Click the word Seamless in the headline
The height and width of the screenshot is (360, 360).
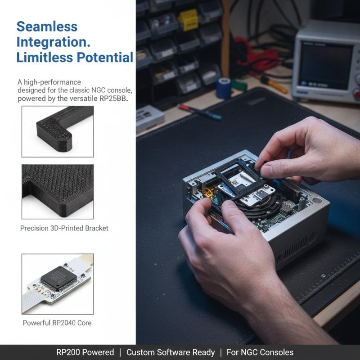pyautogui.click(x=47, y=27)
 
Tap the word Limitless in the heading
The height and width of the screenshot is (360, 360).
pyautogui.click(x=45, y=57)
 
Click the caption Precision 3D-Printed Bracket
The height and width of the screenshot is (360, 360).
pyautogui.click(x=64, y=228)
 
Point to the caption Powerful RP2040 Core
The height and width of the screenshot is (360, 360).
pyautogui.click(x=57, y=323)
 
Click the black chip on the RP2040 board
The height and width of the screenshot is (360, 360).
pyautogui.click(x=58, y=279)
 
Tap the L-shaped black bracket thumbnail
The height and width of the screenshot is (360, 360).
pyautogui.click(x=58, y=131)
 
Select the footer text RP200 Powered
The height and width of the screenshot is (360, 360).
pyautogui.click(x=85, y=352)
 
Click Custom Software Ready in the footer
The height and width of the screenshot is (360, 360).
pyautogui.click(x=171, y=352)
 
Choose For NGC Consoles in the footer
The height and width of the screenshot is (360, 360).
pyautogui.click(x=260, y=352)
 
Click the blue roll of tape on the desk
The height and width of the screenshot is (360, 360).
pyautogui.click(x=224, y=88)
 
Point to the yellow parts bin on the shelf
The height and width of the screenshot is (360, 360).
pyautogui.click(x=188, y=20)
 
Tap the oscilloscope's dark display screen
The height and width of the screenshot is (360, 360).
pyautogui.click(x=325, y=65)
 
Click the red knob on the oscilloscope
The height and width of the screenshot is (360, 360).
pyautogui.click(x=357, y=94)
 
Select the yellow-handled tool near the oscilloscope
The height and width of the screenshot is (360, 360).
pyautogui.click(x=274, y=85)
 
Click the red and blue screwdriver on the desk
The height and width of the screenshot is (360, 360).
pyautogui.click(x=200, y=112)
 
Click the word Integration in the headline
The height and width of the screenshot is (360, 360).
pyautogui.click(x=53, y=42)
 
